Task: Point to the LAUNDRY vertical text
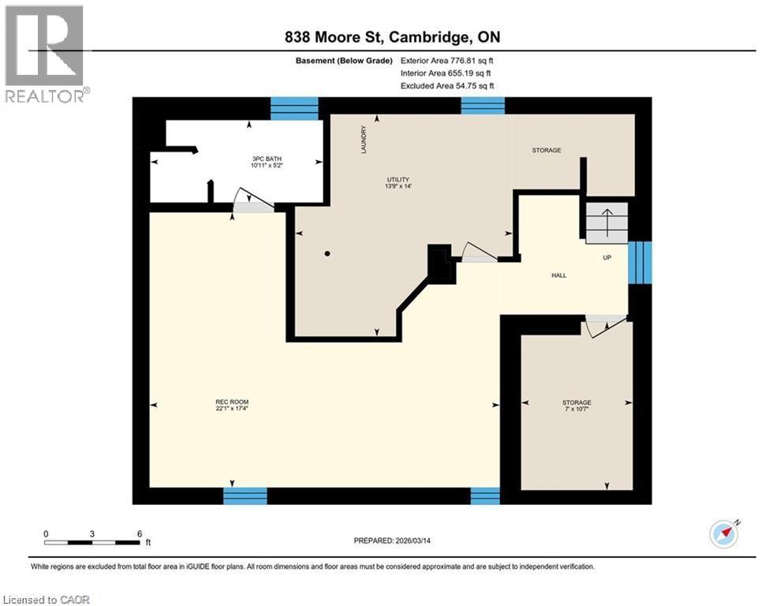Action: point(364,140)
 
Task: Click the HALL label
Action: point(558,275)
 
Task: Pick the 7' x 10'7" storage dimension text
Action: point(577,410)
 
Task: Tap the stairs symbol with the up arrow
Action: point(606,222)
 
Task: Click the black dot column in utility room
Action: point(327,253)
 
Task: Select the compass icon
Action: point(724,534)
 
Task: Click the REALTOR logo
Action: point(45,53)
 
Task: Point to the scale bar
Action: point(92,542)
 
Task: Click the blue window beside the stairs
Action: point(640,262)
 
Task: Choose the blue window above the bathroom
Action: point(294,108)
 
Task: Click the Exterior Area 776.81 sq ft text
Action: point(447,60)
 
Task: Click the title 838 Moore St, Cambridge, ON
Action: point(392,37)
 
